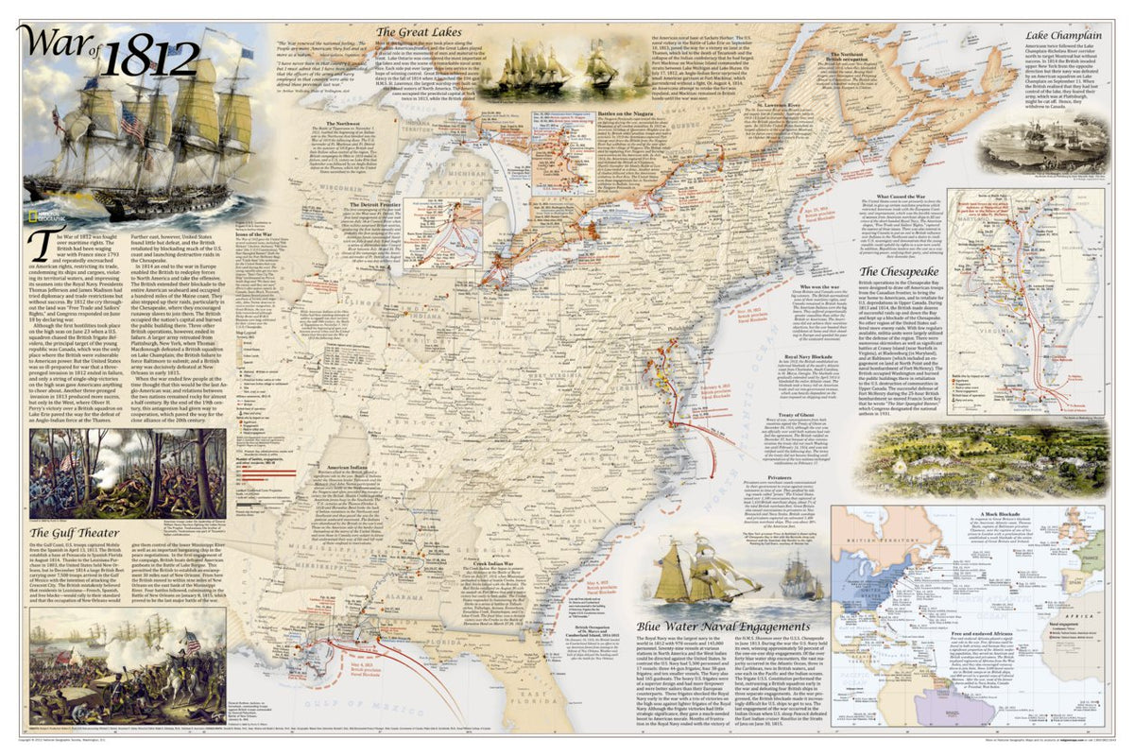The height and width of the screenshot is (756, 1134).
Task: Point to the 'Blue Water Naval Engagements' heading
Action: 728,625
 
